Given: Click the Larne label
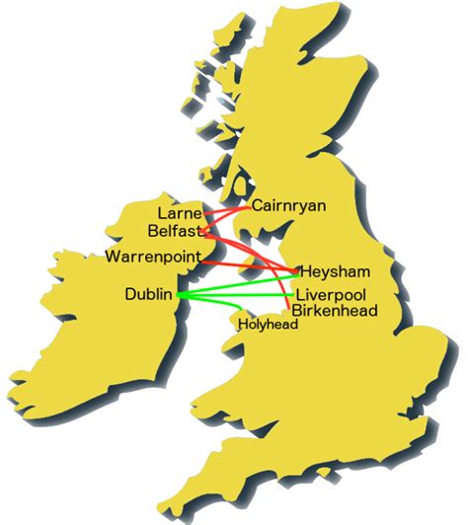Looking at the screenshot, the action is [x=179, y=213].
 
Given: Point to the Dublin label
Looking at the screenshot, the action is [x=148, y=294].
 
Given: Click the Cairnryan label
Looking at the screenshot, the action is [x=288, y=206].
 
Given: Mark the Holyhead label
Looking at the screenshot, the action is [x=268, y=323].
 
